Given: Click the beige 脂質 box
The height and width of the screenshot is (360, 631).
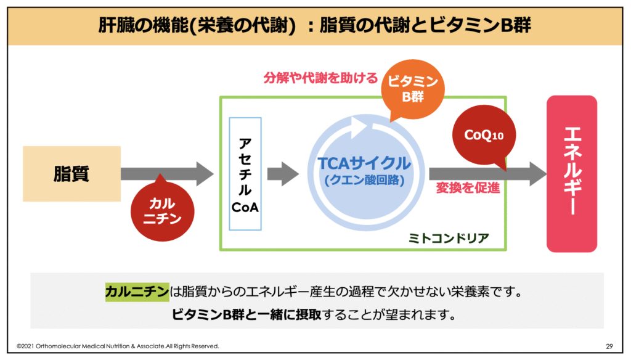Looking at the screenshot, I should point(71,174).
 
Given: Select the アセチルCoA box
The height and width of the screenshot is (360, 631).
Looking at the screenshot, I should point(245,174).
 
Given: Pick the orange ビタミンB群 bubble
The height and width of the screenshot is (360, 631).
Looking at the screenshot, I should point(411,90).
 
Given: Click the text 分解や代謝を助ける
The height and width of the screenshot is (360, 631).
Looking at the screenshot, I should point(320,78).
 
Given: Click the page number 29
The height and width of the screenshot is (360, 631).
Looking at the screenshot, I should point(609,346).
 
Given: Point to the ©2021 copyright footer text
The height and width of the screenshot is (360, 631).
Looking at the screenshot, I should point(117,346).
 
